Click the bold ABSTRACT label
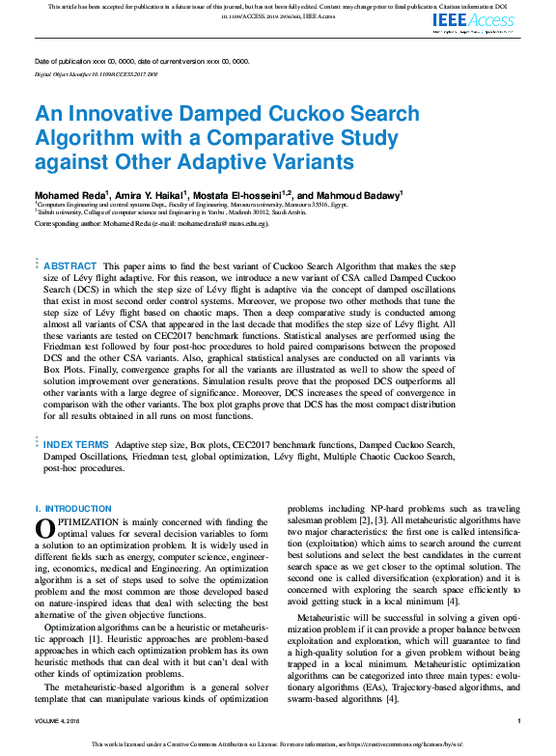point(70,266)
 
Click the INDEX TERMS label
point(76,444)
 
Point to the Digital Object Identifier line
point(96,73)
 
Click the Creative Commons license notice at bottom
point(278,743)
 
